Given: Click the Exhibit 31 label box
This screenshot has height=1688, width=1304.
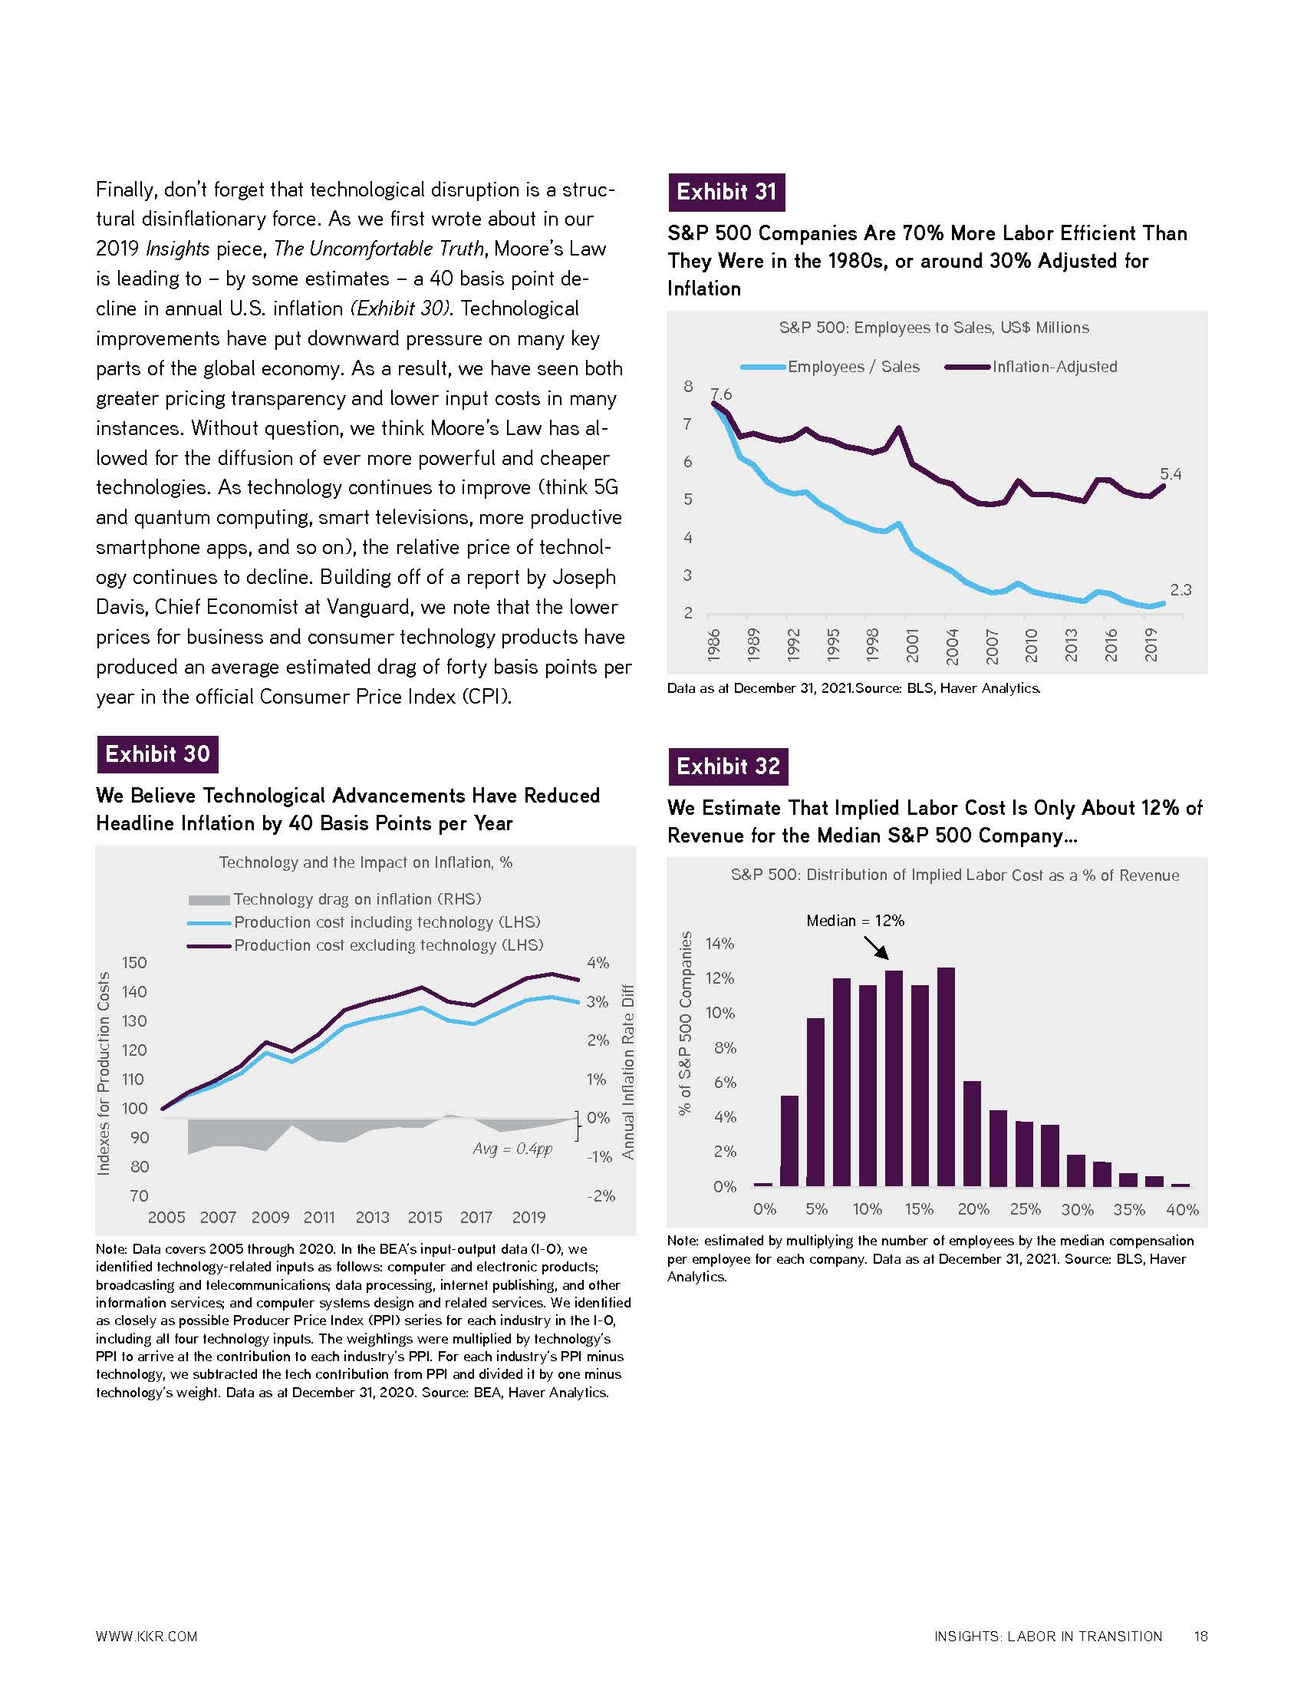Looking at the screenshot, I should [x=726, y=193].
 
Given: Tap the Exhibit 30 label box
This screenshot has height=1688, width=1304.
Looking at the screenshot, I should [x=156, y=754].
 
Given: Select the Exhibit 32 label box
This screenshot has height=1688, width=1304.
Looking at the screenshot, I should [x=728, y=767].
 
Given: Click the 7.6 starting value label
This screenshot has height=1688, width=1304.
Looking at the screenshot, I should [x=721, y=394].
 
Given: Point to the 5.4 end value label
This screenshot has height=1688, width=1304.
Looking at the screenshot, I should [x=1171, y=473].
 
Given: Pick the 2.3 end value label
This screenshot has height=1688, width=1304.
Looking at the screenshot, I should [x=1181, y=590].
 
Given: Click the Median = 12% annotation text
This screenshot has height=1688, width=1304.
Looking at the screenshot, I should [x=855, y=921].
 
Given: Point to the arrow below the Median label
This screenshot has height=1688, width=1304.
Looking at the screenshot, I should [x=876, y=948].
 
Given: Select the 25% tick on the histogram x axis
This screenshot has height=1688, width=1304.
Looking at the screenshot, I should [x=1025, y=1209].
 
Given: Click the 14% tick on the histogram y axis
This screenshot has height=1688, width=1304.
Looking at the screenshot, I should [x=720, y=944].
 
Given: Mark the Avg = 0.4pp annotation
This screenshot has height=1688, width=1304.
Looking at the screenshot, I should [x=512, y=1149].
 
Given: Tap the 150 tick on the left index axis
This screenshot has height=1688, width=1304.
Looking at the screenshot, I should [x=134, y=962].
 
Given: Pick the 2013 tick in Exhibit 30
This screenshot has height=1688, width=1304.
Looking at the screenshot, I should [x=372, y=1218].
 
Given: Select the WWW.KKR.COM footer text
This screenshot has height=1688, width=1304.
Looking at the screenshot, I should [x=147, y=1637].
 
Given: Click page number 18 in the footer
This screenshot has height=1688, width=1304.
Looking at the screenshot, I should [x=1200, y=1637].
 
